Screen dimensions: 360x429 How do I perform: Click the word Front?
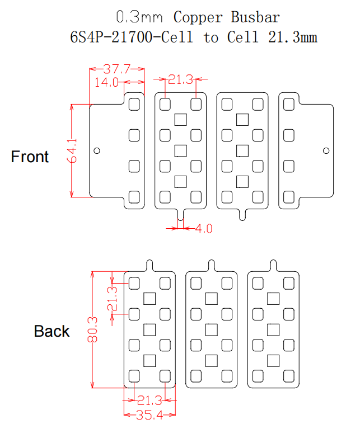[x=30, y=157]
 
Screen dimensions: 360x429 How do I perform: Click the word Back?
[x=52, y=331]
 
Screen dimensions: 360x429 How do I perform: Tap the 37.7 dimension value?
[x=117, y=69]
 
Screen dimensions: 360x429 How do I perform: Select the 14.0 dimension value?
[x=106, y=82]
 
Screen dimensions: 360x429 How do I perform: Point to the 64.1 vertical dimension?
[x=72, y=150]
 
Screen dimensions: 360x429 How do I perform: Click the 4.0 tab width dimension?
[x=204, y=229]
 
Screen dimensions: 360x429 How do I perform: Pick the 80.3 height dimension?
[x=92, y=329]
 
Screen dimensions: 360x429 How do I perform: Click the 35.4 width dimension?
[x=149, y=415]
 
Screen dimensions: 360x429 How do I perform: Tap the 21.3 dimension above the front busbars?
[x=181, y=79]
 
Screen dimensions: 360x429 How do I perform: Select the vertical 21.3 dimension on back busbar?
[x=112, y=299]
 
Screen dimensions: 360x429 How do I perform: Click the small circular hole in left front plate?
[x=97, y=150]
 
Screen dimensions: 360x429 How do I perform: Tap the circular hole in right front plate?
[x=326, y=150]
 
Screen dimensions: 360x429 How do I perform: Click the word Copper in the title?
[x=198, y=17]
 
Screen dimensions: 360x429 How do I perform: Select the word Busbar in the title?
[x=255, y=17]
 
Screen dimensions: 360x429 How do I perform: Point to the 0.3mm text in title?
[x=139, y=17]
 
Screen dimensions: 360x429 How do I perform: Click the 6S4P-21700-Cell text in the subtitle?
[x=132, y=37]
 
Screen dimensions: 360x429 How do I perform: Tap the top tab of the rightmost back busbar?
[x=273, y=265]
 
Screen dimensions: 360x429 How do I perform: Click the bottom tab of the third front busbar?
[x=242, y=215]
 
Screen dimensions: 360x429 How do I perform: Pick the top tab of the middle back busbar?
[x=211, y=265]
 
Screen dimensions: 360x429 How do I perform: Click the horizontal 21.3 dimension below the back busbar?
[x=149, y=400]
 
